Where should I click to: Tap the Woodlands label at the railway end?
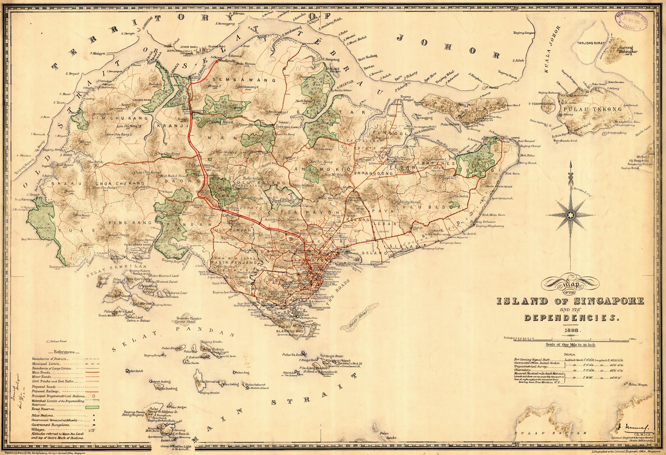point(226,61)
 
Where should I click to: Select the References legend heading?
point(64,352)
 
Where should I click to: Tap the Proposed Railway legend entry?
point(45,391)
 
